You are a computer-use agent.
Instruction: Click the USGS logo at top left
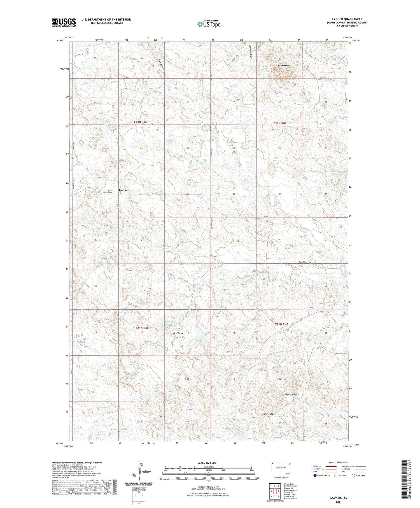tap(64, 22)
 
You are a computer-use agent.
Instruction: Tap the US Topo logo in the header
tap(209, 24)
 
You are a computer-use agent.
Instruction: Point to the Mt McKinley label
tap(284, 66)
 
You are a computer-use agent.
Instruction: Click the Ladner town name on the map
tap(123, 190)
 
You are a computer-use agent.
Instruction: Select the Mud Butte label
tap(178, 333)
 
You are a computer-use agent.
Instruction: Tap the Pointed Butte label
tap(292, 394)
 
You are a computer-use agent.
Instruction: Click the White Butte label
tap(270, 414)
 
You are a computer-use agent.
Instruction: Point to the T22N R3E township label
tap(140, 122)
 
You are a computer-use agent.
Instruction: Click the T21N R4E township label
tap(281, 324)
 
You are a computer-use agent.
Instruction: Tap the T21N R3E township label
tap(142, 328)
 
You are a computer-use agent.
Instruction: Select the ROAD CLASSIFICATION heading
tap(339, 462)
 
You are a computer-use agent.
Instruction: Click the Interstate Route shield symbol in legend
tap(315, 475)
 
